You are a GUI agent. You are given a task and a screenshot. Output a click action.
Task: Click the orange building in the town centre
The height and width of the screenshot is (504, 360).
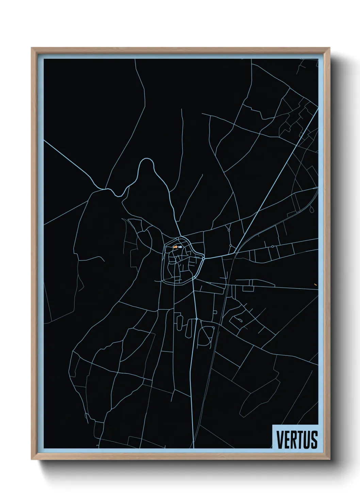tap(175, 247)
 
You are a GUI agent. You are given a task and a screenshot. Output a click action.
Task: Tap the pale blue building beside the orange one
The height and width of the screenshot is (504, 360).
tap(180, 247)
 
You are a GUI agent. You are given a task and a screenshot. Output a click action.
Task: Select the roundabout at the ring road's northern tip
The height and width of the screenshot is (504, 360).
tap(178, 238)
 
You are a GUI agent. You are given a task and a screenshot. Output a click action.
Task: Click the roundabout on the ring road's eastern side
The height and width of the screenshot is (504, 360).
tap(203, 258)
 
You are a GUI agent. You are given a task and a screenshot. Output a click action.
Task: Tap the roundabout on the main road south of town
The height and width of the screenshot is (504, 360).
tap(197, 319)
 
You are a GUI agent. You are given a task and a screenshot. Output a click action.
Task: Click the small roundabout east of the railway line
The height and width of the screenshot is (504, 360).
tap(273, 246)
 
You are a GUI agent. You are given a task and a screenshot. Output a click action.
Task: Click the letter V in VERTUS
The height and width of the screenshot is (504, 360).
tap(280, 440)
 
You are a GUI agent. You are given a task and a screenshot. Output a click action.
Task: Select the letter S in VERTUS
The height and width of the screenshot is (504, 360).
tap(314, 440)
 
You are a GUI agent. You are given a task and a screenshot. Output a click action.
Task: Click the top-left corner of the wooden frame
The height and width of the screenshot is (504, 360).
tap(32, 48)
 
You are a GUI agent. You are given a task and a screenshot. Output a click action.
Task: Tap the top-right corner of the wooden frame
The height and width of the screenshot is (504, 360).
tap(330, 48)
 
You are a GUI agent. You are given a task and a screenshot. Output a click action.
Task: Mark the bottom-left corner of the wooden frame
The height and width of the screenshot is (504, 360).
tap(32, 460)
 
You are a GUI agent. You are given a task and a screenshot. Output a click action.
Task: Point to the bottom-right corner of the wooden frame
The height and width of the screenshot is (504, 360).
tap(330, 460)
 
